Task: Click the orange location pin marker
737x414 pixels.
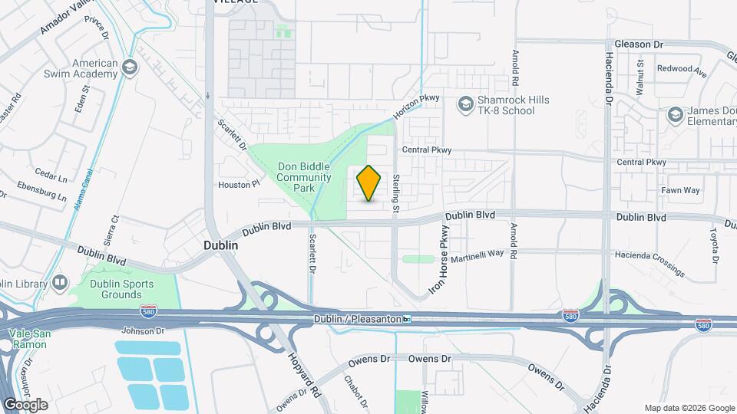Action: (x=369, y=183)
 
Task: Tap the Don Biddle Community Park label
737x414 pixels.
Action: (x=303, y=177)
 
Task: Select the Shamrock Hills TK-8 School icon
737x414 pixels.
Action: (x=465, y=104)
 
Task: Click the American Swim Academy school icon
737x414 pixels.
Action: (x=129, y=68)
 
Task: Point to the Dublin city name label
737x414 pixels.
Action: (x=220, y=246)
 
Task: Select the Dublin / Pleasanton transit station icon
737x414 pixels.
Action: (x=407, y=319)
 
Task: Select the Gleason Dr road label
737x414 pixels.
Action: (x=638, y=45)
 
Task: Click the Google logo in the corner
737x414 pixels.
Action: (x=25, y=404)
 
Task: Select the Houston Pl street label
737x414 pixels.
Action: (x=234, y=185)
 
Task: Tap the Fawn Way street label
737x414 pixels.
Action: (x=680, y=189)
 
